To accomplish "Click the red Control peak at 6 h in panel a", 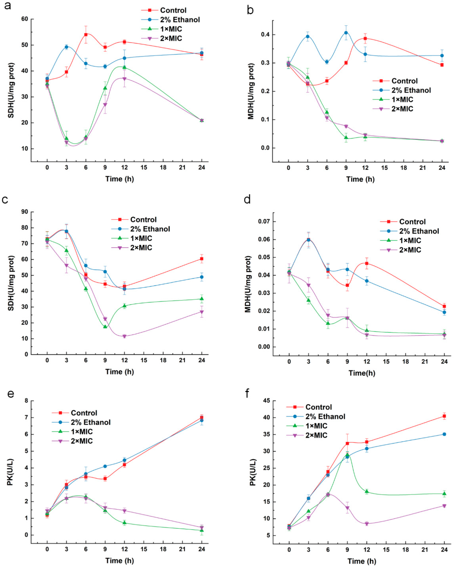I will coord(86,35).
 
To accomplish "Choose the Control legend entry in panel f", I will coord(318,407).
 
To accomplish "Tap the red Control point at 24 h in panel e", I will coord(202,417).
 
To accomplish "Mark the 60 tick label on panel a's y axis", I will coord(25,19).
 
